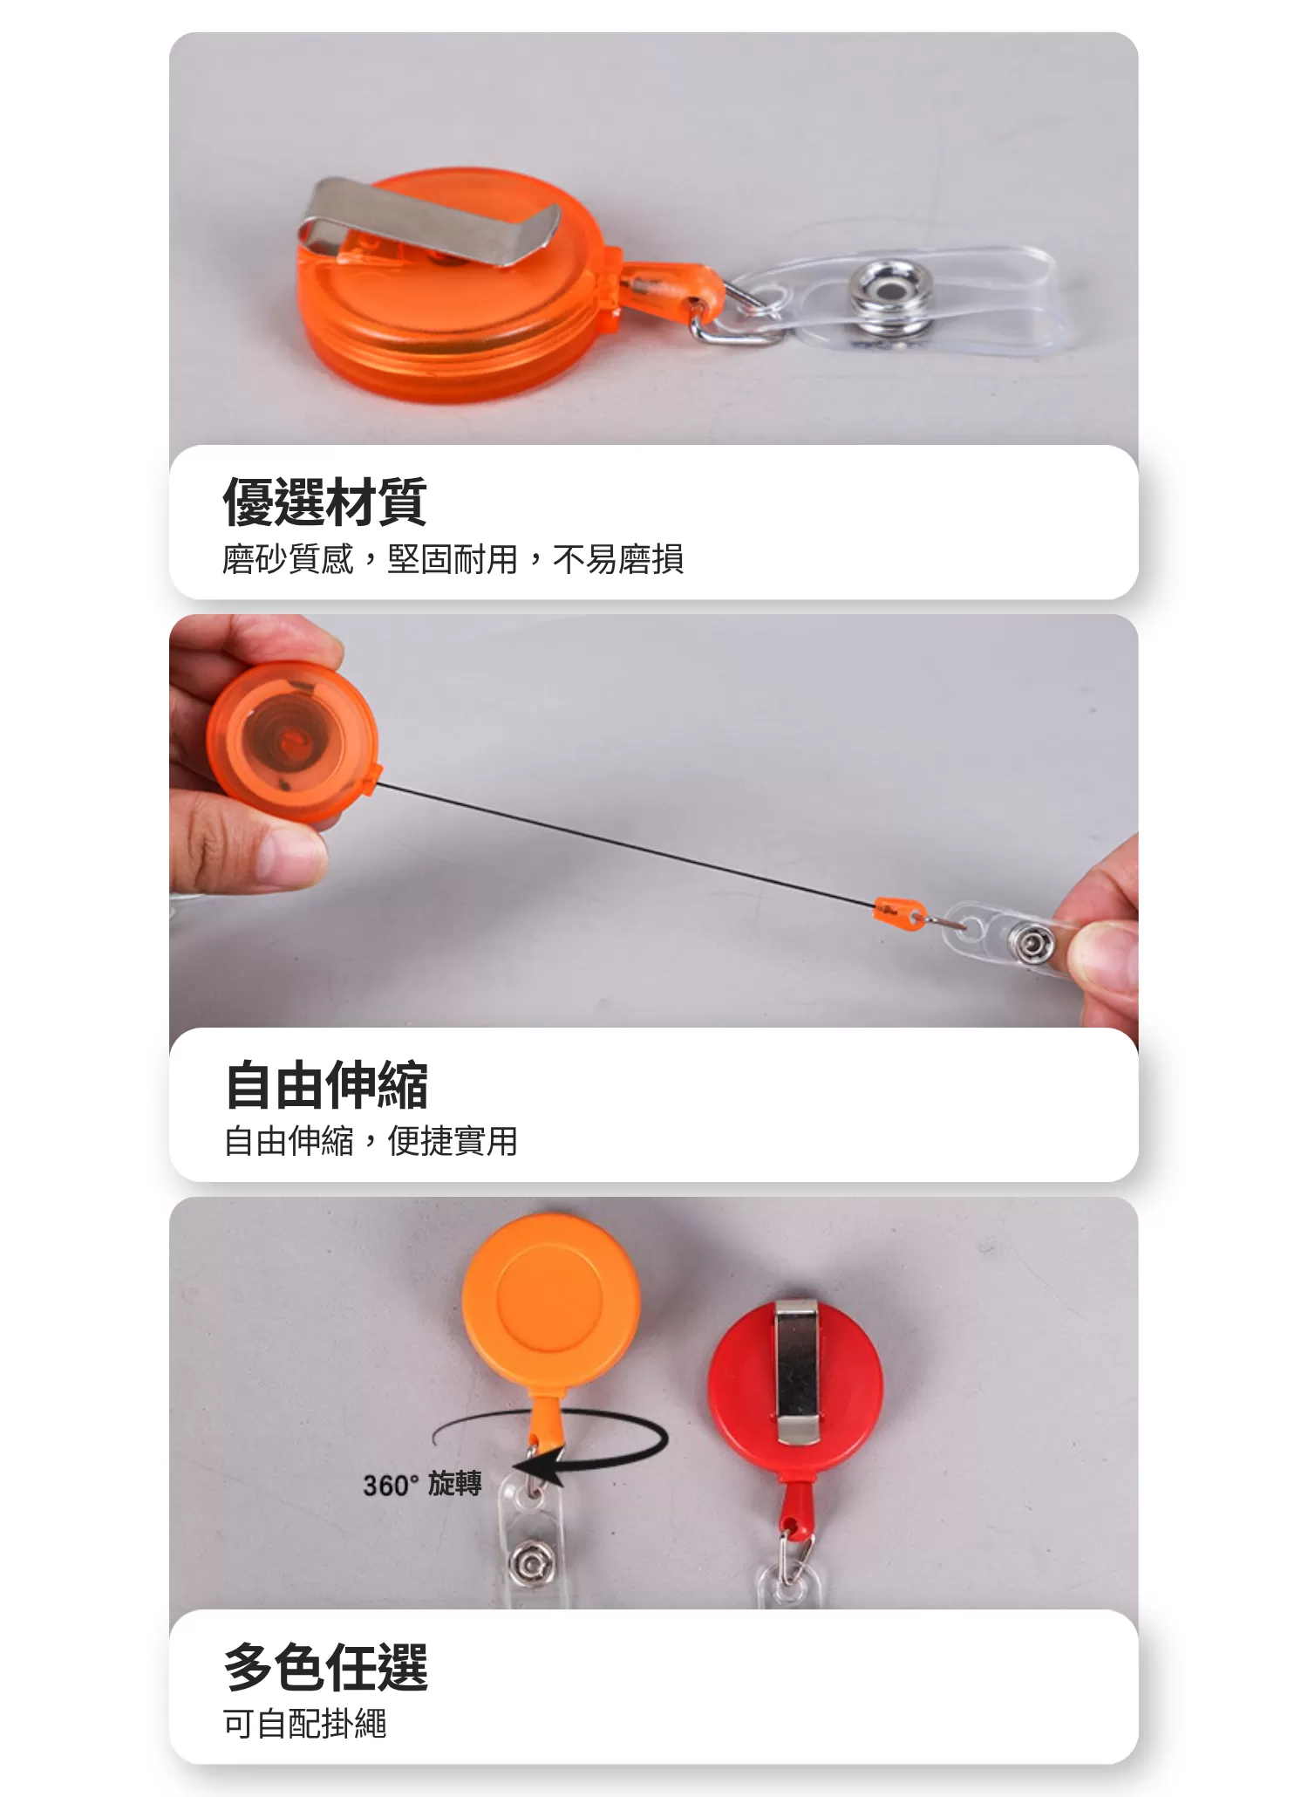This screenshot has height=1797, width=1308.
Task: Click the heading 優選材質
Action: click(324, 502)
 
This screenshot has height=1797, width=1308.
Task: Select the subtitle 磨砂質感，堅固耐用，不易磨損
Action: click(453, 559)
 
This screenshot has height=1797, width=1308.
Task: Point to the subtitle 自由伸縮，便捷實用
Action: click(371, 1140)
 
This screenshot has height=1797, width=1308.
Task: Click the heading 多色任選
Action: click(326, 1667)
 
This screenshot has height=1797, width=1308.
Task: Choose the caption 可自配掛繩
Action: click(304, 1723)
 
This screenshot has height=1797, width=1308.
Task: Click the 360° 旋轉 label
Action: click(422, 1484)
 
